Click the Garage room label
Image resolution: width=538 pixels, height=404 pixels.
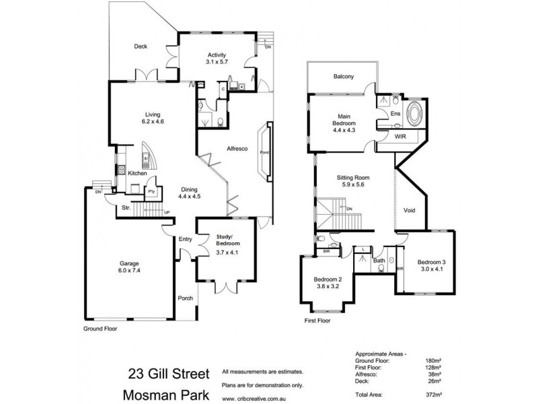tap(130, 266)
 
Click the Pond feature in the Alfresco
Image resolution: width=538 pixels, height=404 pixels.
tap(264, 153)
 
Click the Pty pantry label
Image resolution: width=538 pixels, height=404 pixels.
tap(151, 191)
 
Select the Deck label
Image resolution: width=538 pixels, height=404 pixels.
tap(140, 46)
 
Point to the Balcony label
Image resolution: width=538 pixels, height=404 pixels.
tap(343, 77)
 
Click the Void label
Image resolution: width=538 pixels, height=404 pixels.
tap(409, 210)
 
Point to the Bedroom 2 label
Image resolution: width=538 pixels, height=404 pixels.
tap(328, 283)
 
